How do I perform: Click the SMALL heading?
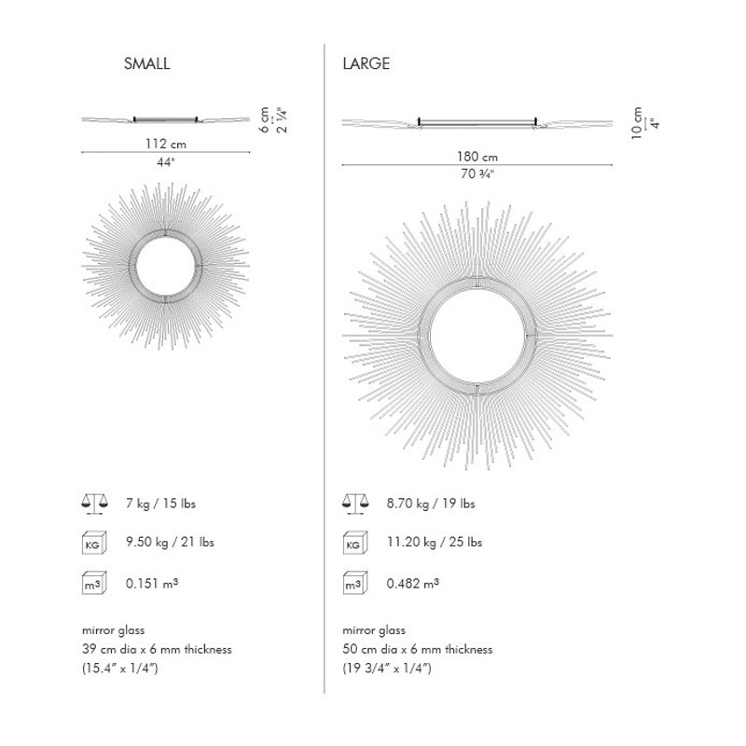(146, 63)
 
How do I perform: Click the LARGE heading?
(366, 63)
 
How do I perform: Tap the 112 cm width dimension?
(166, 144)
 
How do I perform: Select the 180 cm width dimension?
(477, 157)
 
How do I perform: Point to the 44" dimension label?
(166, 162)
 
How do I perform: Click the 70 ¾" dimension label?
(477, 174)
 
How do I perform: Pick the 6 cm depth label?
(265, 119)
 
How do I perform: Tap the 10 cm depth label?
(637, 123)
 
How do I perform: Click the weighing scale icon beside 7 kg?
(95, 504)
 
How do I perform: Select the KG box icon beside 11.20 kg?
(355, 543)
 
